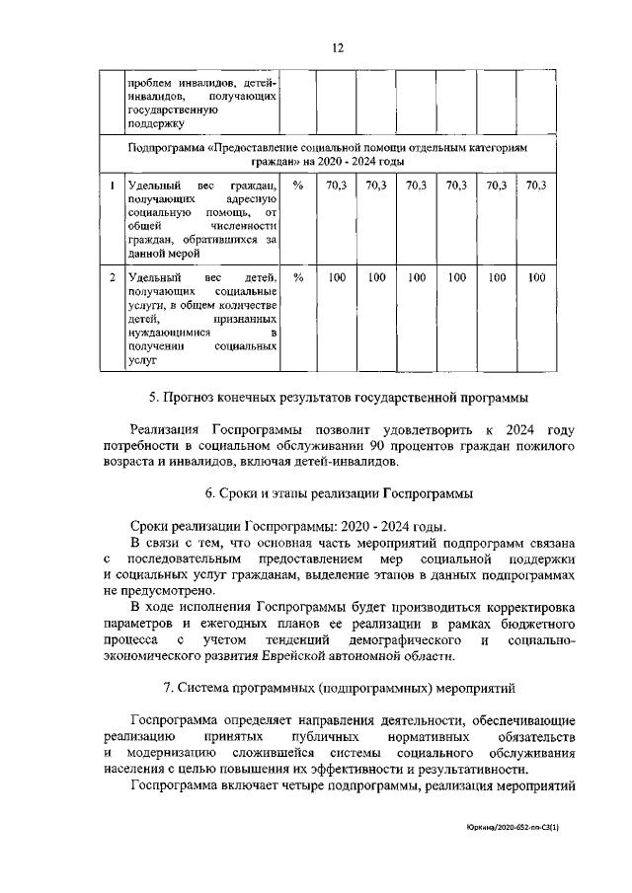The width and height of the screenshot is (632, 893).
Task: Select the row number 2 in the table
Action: (x=114, y=279)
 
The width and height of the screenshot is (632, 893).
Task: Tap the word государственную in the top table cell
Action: (x=174, y=111)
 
